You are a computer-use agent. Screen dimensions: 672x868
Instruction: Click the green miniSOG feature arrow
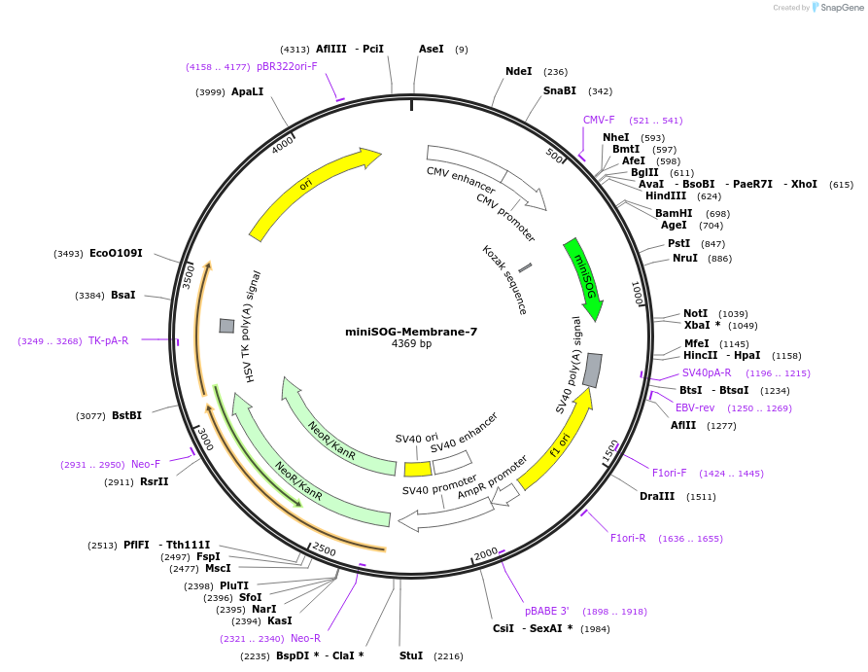[583, 278]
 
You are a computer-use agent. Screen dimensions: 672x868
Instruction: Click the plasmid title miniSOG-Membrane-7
[411, 331]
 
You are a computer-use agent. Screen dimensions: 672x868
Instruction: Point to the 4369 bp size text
[411, 344]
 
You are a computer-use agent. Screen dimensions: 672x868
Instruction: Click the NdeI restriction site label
[519, 71]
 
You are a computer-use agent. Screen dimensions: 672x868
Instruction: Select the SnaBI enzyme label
[560, 91]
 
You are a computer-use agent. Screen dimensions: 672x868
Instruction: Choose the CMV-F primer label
[599, 120]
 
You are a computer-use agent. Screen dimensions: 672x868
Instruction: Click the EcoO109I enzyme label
[116, 254]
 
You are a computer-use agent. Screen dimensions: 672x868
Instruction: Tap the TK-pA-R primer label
[109, 340]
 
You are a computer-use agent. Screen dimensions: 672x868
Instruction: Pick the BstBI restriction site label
[126, 415]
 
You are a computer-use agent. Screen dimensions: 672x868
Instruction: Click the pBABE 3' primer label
[547, 611]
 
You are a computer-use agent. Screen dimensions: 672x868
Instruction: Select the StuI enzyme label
[411, 655]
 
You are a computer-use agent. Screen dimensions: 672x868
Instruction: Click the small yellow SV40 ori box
[418, 469]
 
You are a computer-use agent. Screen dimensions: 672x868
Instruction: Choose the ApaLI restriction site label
[248, 91]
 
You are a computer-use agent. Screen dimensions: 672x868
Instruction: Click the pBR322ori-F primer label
[287, 66]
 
